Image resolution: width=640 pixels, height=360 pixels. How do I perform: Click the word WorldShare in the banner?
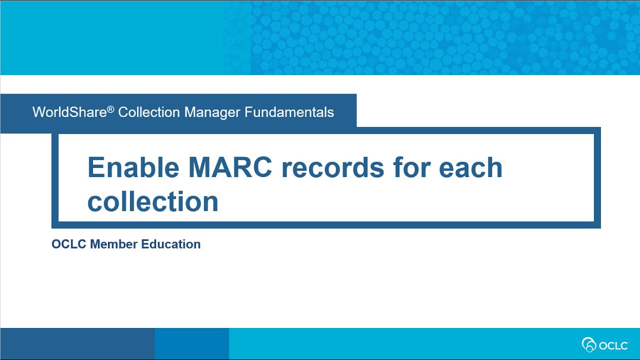pyautogui.click(x=69, y=112)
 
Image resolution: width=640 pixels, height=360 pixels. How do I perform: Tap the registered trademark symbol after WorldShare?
pyautogui.click(x=110, y=108)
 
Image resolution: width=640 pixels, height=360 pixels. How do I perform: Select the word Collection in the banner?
pyautogui.click(x=148, y=112)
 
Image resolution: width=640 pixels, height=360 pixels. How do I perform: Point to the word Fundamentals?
pyautogui.click(x=289, y=112)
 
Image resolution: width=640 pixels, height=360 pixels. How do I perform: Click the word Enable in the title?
pyautogui.click(x=133, y=167)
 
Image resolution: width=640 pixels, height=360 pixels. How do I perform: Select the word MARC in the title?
pyautogui.click(x=230, y=167)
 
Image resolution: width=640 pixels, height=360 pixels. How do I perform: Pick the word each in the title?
pyautogui.click(x=470, y=167)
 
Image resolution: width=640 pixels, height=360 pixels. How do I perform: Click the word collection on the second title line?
pyautogui.click(x=153, y=201)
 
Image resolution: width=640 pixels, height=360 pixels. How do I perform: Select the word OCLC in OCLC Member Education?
pyautogui.click(x=69, y=244)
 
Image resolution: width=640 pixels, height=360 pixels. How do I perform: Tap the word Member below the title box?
pyautogui.click(x=114, y=244)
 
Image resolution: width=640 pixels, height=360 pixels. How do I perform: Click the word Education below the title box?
pyautogui.click(x=171, y=244)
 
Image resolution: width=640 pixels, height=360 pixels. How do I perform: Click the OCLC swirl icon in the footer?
pyautogui.click(x=589, y=344)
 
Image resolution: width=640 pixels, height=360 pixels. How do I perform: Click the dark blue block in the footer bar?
pyautogui.click(x=77, y=344)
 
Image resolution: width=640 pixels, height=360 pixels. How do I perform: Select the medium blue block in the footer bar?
pyautogui.click(x=192, y=344)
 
